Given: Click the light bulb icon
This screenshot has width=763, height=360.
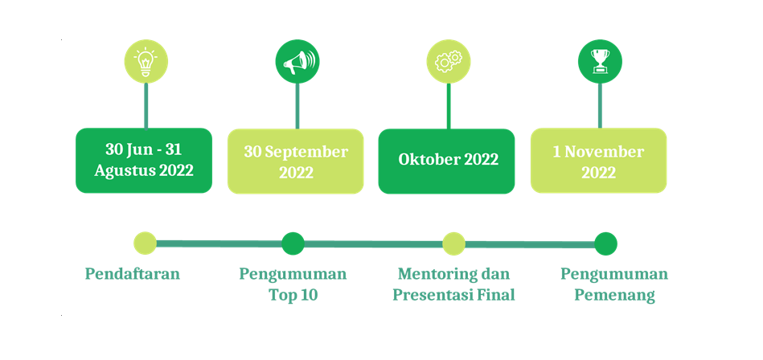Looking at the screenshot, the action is click(146, 62).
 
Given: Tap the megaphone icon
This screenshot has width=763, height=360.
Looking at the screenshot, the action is click(297, 62).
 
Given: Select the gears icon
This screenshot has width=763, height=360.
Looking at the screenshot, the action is click(448, 62).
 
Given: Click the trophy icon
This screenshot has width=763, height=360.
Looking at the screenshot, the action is click(600, 62).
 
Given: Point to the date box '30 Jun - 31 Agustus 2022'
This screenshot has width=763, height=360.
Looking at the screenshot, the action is click(144, 161).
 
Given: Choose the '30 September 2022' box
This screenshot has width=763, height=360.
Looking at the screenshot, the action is click(295, 161).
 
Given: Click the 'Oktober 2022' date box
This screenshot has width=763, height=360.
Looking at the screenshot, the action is click(446, 161).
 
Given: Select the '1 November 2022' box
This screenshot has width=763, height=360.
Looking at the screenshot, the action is click(598, 161).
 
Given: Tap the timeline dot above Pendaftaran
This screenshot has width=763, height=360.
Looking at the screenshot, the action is click(145, 243).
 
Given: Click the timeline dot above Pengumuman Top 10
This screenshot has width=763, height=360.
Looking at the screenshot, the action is click(293, 243).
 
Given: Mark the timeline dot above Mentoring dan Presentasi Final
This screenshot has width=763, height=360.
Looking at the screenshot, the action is click(453, 243).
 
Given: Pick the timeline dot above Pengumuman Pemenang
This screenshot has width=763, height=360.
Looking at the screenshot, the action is click(606, 243).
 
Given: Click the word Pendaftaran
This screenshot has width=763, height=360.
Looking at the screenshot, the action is click(133, 274).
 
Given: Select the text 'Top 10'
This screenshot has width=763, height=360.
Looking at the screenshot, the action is click(293, 295).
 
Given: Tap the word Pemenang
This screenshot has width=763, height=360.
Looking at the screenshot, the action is click(614, 296).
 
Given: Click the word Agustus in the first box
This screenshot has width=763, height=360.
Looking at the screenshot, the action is click(125, 171).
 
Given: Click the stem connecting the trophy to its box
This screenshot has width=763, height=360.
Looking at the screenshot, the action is click(600, 105).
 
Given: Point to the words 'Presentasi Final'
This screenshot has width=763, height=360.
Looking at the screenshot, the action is click(453, 295).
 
